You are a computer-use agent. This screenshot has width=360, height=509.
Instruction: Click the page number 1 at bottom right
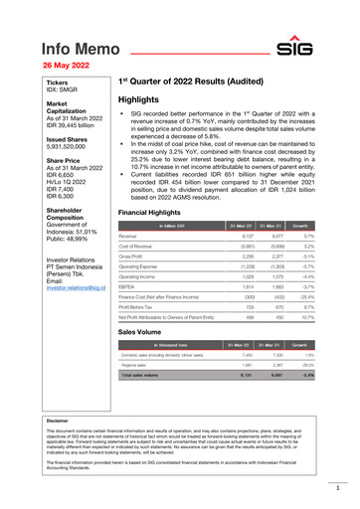point(338,489)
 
